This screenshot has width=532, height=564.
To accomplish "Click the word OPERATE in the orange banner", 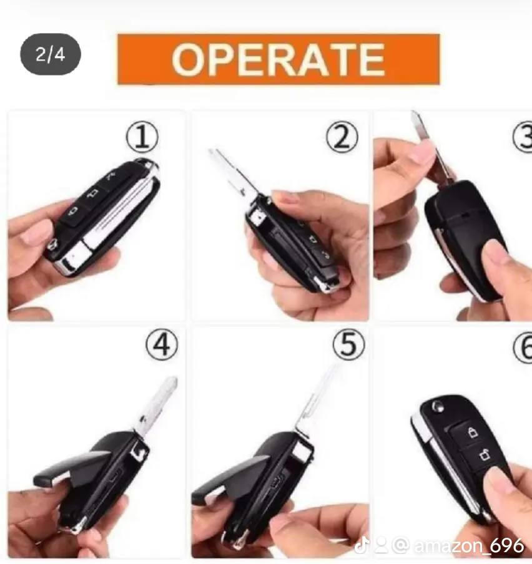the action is [x=278, y=59].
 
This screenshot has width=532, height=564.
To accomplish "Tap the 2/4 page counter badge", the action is [x=51, y=54].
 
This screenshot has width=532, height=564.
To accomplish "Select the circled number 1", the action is [x=142, y=137].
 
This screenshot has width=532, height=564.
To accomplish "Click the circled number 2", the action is [x=342, y=137].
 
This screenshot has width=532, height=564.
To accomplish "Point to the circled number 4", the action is [x=162, y=344].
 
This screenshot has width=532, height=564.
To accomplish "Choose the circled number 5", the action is [x=348, y=344].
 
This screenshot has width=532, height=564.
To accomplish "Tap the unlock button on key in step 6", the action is [x=485, y=455].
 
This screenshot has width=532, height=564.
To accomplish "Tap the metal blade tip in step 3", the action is [x=418, y=122].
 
